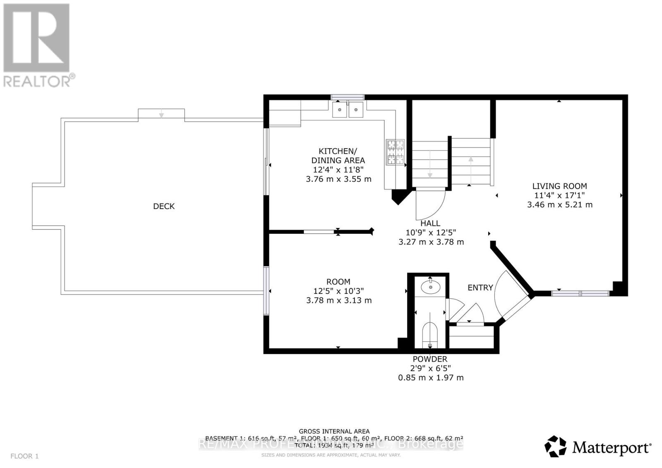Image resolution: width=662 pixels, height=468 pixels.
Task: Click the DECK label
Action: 164,206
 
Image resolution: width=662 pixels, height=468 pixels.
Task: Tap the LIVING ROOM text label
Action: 559,186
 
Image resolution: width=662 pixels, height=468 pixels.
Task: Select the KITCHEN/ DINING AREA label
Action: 338,156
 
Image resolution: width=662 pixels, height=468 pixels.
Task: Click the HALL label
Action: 430,223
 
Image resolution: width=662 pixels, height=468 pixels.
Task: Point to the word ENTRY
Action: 480,288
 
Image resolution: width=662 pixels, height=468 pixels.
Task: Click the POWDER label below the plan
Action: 430,359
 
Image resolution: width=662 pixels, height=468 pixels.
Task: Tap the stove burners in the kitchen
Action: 395,152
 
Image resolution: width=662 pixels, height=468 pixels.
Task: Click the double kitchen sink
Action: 348,110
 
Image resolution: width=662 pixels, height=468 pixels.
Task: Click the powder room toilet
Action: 430,333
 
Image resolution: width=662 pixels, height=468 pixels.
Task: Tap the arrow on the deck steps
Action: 161,115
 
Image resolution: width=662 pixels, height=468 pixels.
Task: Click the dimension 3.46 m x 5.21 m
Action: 559,205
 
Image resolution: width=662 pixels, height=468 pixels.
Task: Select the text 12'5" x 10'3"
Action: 338,291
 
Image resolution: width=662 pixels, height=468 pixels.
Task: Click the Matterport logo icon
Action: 555,446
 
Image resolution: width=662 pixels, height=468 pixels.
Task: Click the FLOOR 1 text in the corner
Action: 24,456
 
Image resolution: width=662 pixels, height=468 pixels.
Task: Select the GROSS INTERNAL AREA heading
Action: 334,431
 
